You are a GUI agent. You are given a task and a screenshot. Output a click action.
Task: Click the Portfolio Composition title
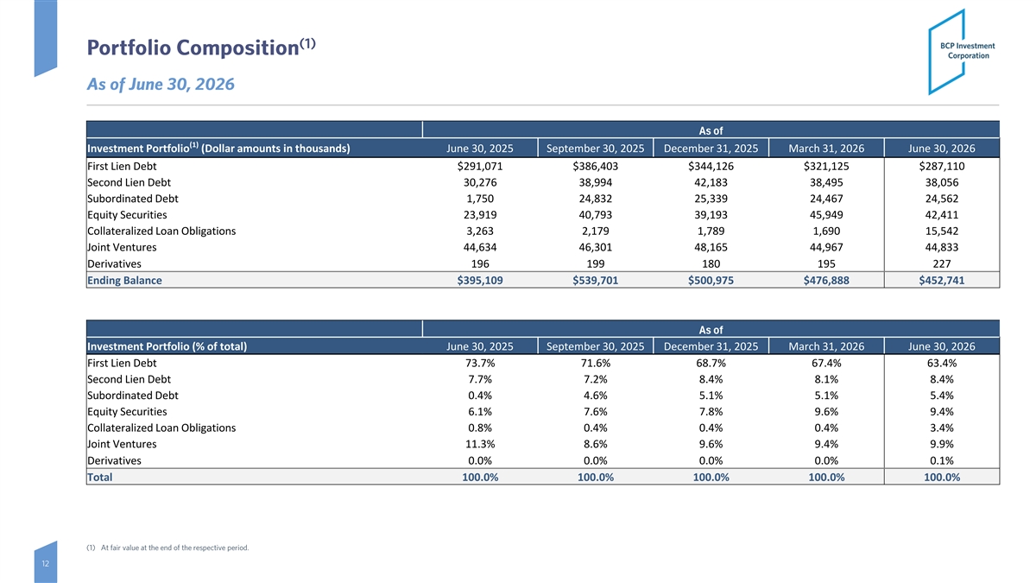point(201,48)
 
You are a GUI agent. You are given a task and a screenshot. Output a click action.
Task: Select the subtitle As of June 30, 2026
point(161,85)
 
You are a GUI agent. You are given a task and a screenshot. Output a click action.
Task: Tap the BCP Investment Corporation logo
point(962,51)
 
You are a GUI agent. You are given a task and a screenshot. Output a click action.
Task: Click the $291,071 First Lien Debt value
point(480,166)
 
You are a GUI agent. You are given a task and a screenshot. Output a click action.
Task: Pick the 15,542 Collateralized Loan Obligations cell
point(942,231)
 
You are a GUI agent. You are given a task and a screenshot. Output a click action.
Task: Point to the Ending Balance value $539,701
point(595,281)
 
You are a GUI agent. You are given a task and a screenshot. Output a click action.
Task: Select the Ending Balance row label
point(124,281)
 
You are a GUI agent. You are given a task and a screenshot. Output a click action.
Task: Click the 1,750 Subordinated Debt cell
point(480,199)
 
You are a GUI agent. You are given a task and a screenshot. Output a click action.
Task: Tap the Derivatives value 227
point(942,263)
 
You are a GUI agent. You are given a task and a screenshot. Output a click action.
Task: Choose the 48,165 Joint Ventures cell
point(711,247)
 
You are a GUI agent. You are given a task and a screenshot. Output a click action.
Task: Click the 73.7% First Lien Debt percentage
point(480,364)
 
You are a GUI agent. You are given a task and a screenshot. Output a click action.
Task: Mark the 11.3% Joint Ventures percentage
point(480,444)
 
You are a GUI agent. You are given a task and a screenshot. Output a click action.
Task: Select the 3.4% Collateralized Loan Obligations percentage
point(942,428)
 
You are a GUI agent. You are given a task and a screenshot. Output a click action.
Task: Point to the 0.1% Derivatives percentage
point(942,461)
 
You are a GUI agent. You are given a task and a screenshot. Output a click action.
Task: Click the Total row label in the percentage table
point(99,477)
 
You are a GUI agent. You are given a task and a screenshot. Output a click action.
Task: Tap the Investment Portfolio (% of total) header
point(167,346)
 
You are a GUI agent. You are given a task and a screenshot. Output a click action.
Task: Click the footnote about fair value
point(167,548)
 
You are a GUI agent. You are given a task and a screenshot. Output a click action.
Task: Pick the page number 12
point(45,563)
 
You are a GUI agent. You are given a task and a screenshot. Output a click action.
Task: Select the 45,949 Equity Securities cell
point(826,215)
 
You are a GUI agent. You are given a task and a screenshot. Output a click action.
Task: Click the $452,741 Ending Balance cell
point(942,281)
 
